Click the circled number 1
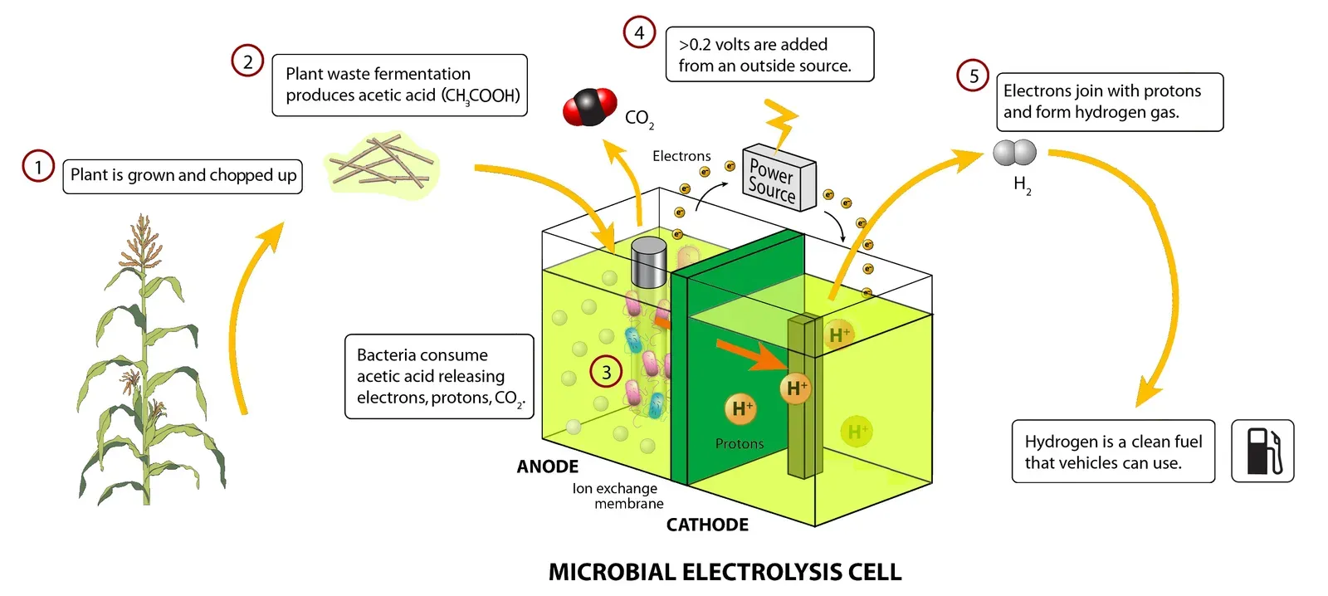[x=38, y=167]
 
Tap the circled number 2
[x=247, y=61]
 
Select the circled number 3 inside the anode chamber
[x=606, y=372]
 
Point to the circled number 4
[x=639, y=32]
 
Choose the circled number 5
[x=974, y=76]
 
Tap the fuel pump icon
[x=1262, y=451]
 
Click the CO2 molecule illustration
[x=589, y=107]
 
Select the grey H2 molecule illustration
[x=1014, y=154]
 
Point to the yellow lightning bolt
[x=781, y=125]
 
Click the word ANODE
[x=547, y=467]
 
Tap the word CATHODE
[x=707, y=525]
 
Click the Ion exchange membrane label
[x=618, y=496]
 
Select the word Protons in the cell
[x=739, y=444]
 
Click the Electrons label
[x=681, y=156]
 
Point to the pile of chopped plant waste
[x=382, y=163]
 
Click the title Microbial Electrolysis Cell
[x=725, y=572]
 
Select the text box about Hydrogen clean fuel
[x=1113, y=452]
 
